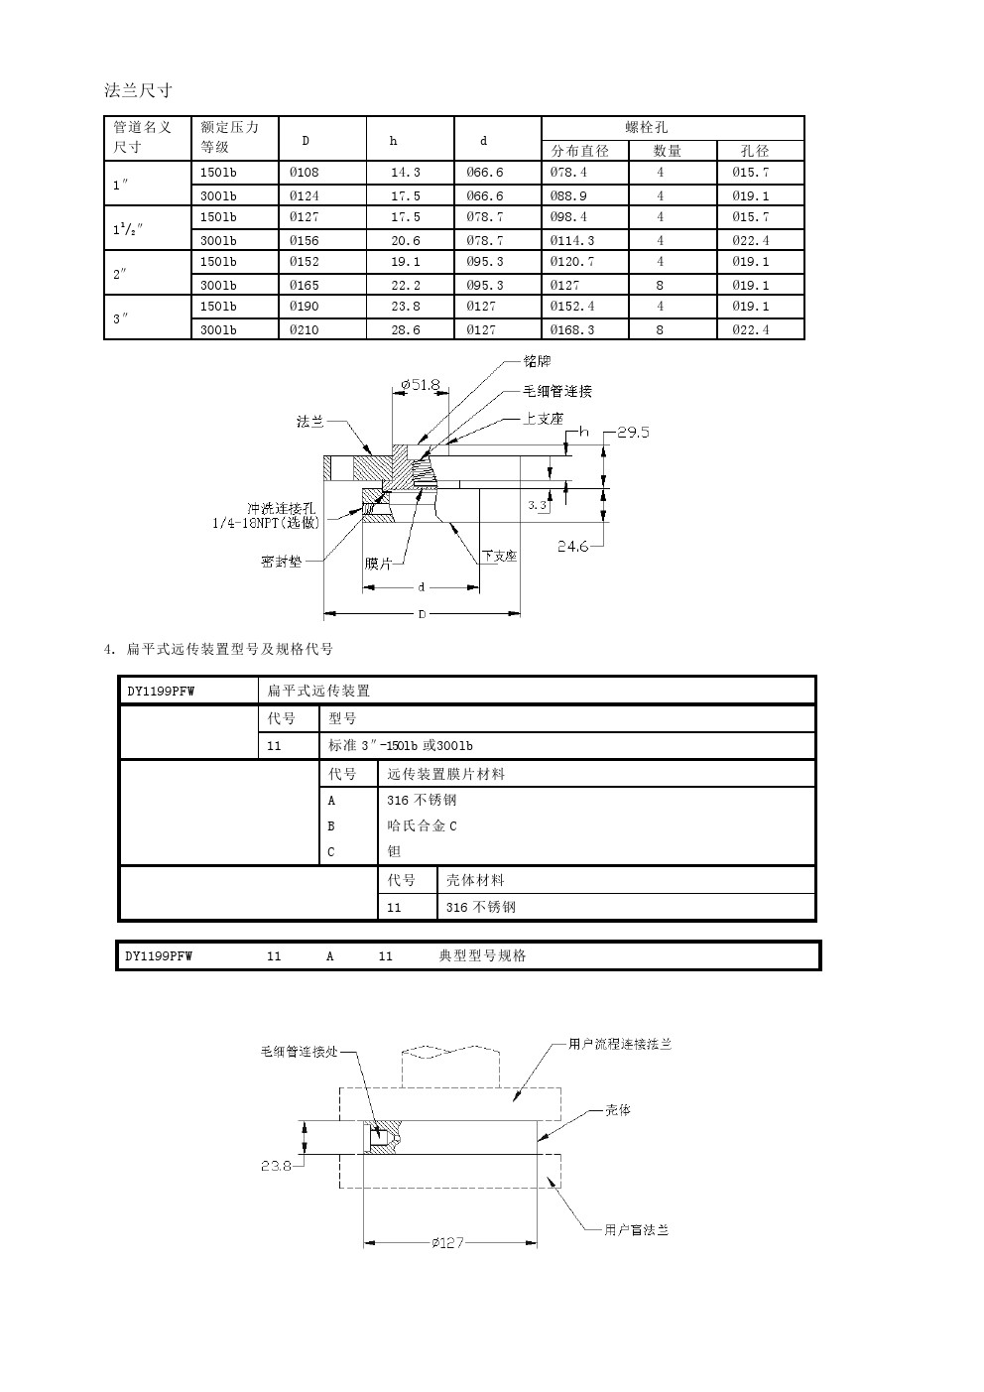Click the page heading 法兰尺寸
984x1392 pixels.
138,90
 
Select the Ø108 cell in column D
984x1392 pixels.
304,172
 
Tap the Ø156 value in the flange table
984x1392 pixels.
304,240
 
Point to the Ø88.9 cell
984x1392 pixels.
568,195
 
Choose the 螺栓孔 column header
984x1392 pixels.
647,127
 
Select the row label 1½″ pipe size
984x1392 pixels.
128,229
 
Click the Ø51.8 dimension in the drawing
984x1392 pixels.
420,384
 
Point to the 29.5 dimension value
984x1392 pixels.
633,433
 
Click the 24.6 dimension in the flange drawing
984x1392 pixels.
572,546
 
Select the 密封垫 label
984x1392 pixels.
281,562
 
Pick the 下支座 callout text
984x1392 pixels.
499,557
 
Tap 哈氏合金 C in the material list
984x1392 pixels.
422,825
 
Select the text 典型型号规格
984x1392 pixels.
482,955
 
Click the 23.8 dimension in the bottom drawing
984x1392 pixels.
276,1166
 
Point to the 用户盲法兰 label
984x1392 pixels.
636,1230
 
